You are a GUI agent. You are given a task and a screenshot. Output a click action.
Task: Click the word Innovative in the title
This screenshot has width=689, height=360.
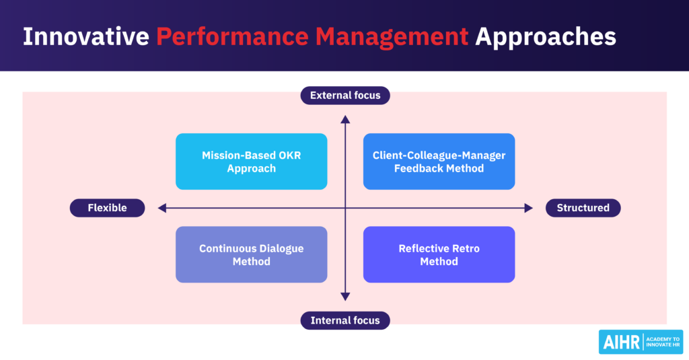pos(85,36)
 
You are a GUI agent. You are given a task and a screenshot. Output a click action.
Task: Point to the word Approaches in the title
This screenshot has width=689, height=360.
pos(545,36)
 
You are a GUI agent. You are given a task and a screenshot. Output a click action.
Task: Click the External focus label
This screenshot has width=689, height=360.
pos(345,96)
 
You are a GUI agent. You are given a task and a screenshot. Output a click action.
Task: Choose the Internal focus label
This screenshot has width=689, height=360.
pos(345,320)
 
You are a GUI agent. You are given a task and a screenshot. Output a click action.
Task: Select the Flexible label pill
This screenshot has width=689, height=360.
pos(107,208)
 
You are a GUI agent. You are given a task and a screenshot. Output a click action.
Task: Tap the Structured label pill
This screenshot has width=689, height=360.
pos(583,208)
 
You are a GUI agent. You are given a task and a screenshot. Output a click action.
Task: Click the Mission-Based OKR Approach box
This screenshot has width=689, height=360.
pos(251,161)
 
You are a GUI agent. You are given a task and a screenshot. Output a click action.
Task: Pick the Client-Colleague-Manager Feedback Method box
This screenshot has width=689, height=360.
pos(439,161)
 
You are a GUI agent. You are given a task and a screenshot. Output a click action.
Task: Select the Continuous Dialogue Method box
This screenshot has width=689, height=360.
pos(251,254)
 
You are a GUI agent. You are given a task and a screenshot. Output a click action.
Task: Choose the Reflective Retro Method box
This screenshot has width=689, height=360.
pos(439,254)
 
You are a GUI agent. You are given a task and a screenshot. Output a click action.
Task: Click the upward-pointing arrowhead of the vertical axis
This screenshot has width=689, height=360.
pos(345,120)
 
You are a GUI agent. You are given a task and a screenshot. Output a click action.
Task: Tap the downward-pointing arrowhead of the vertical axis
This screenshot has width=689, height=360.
pos(345,296)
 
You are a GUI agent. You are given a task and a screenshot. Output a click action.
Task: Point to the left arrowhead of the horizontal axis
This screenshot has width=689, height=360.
pos(162,208)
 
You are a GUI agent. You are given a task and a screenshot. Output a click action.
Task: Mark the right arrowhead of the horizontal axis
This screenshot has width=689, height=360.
pos(528,208)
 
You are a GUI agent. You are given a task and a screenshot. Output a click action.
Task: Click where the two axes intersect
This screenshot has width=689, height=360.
pos(345,208)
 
